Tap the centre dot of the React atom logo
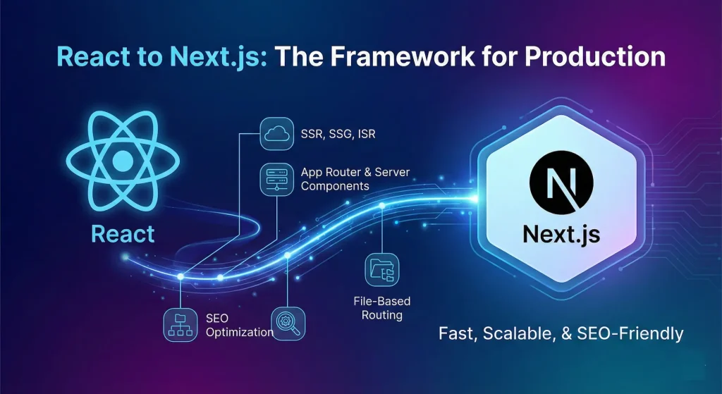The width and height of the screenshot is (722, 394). [x=122, y=159]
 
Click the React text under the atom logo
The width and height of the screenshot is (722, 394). [x=122, y=233]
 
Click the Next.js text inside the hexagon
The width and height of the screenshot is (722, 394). [x=561, y=234]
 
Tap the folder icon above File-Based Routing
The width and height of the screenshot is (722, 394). [x=381, y=269]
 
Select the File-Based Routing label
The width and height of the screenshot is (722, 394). [x=382, y=308]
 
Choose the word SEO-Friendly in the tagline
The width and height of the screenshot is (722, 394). [x=637, y=332]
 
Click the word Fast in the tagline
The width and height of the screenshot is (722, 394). [x=458, y=332]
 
